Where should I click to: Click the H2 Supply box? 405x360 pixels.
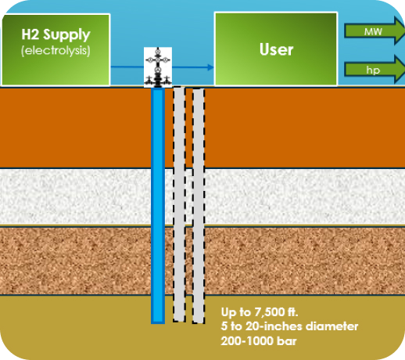pyautogui.click(x=56, y=49)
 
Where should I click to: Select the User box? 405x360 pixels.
pyautogui.click(x=276, y=49)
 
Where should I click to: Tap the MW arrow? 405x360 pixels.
pyautogui.click(x=375, y=31)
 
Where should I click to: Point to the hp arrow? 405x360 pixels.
pyautogui.click(x=375, y=70)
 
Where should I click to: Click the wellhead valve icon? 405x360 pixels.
pyautogui.click(x=158, y=67)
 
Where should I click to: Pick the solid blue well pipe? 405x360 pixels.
pyautogui.click(x=158, y=206)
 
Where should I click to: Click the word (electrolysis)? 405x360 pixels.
pyautogui.click(x=56, y=50)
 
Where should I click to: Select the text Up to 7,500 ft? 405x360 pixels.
pyautogui.click(x=260, y=312)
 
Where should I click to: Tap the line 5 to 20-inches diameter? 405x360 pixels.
pyautogui.click(x=289, y=326)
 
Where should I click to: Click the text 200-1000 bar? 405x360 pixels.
pyautogui.click(x=259, y=341)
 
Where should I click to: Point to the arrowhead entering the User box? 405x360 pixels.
pyautogui.click(x=210, y=67)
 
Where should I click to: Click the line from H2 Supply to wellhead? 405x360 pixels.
pyautogui.click(x=127, y=67)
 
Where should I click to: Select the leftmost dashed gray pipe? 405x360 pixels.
pyautogui.click(x=179, y=204)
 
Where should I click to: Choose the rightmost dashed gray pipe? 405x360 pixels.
pyautogui.click(x=199, y=206)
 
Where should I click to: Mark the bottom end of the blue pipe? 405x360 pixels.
pyautogui.click(x=158, y=323)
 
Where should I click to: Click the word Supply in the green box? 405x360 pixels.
pyautogui.click(x=66, y=35)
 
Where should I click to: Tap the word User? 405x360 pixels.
pyautogui.click(x=276, y=49)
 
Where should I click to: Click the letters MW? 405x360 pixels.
pyautogui.click(x=373, y=31)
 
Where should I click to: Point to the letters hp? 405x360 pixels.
pyautogui.click(x=373, y=70)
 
